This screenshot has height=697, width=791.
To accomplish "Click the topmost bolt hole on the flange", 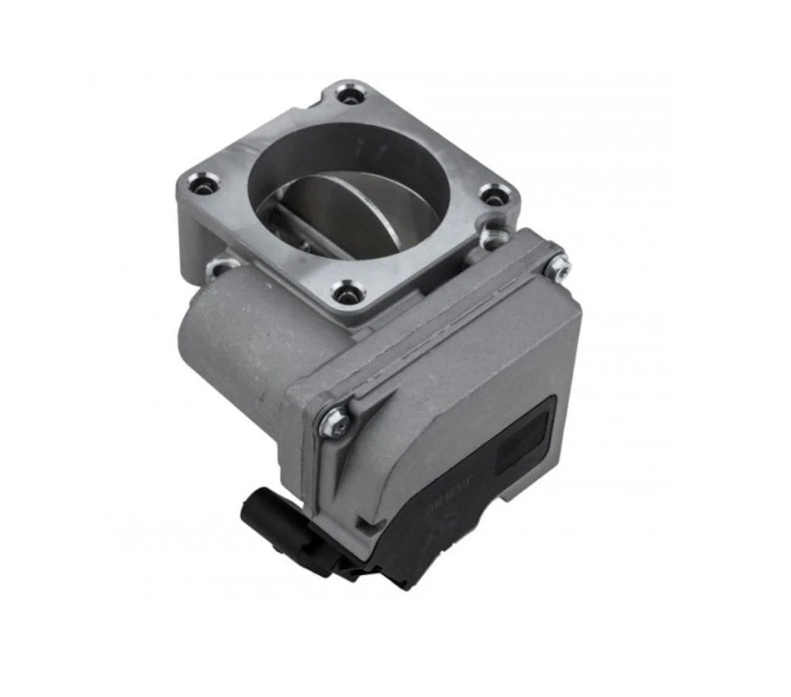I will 350,97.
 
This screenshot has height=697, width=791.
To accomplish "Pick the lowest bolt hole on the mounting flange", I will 345,294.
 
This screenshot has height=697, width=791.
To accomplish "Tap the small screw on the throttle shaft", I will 304,245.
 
